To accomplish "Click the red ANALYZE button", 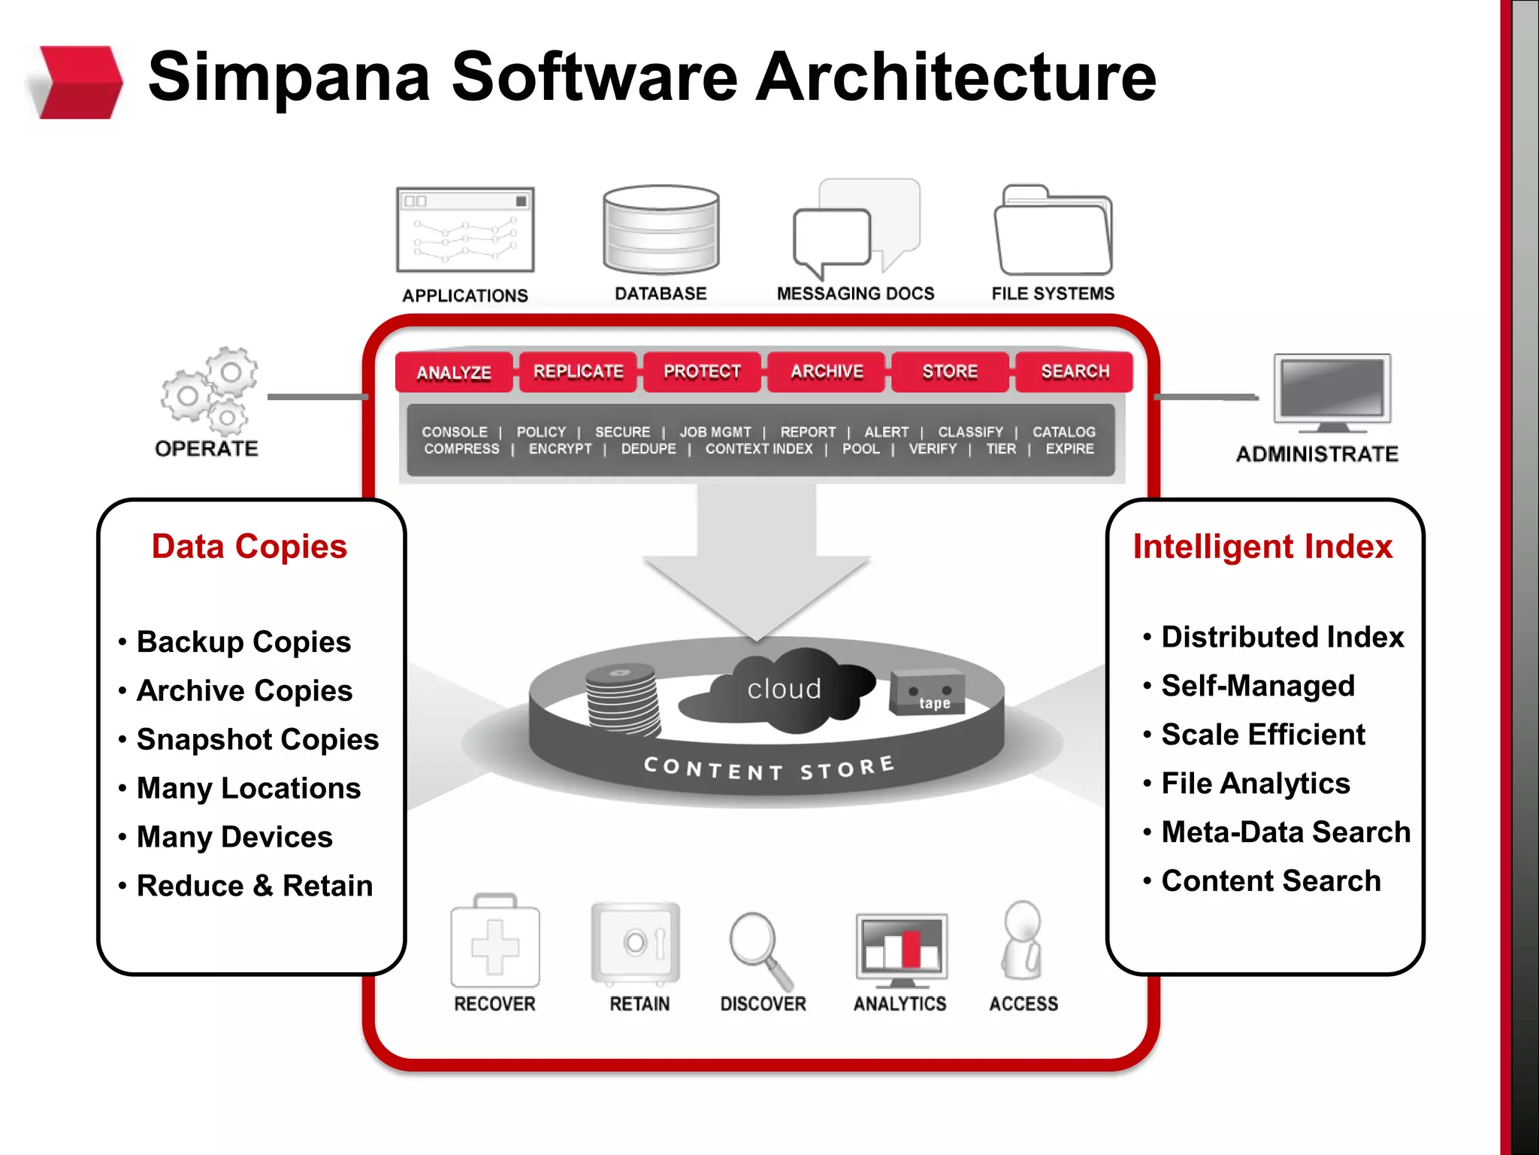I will click(x=454, y=372).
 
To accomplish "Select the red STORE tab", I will click(x=950, y=371).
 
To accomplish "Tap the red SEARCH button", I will click(x=1075, y=371).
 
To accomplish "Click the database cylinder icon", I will click(x=661, y=229).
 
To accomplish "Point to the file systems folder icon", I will click(x=1053, y=232).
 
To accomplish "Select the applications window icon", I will click(x=465, y=230).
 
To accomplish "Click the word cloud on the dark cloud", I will click(x=784, y=689).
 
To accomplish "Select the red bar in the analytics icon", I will click(x=911, y=949).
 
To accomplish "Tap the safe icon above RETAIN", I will click(x=636, y=944).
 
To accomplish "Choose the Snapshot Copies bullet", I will click(x=257, y=740).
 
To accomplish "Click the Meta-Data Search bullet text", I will click(x=1285, y=832).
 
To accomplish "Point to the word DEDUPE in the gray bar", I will click(x=649, y=449).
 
